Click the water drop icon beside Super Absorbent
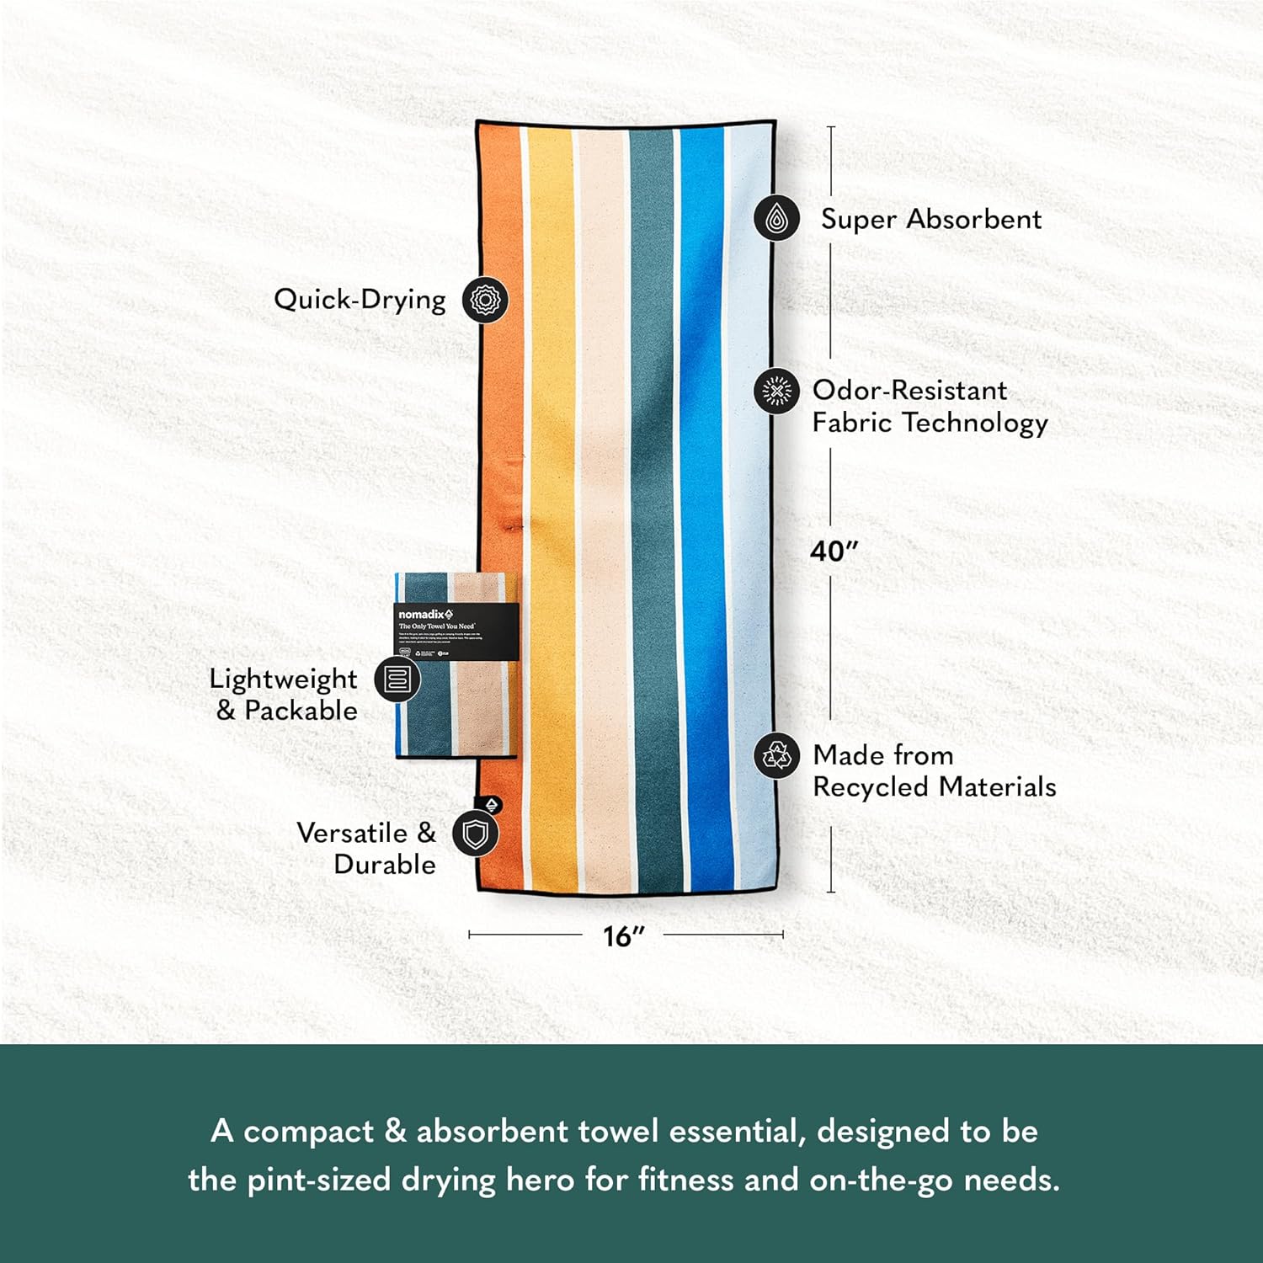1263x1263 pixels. coord(776,218)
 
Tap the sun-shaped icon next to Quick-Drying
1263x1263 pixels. coord(485,300)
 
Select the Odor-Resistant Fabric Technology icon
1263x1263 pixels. coord(776,391)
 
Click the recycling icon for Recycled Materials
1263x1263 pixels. coord(776,755)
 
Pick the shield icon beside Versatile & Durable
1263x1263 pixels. coord(476,834)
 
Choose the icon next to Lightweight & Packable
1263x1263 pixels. coord(397,679)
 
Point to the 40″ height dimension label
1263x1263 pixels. coord(834,552)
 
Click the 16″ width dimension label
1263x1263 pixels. coord(624,935)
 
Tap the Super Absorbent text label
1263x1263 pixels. coord(931,219)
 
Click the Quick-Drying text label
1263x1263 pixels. coord(360,300)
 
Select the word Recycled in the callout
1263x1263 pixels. coord(871,786)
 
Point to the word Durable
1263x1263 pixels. coord(385,864)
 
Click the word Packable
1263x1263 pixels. coord(301,711)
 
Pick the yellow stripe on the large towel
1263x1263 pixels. coord(552,505)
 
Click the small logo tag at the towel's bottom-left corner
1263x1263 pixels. coord(492,804)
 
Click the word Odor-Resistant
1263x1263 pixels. coord(909,391)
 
